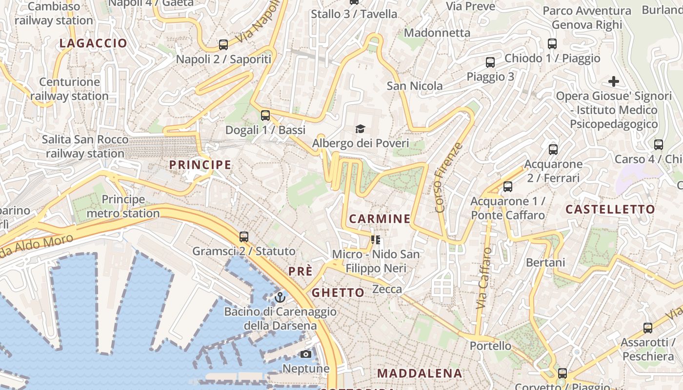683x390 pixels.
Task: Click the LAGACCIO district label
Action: [93, 43]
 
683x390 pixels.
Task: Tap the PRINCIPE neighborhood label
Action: [200, 165]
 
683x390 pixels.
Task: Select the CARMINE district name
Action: [380, 218]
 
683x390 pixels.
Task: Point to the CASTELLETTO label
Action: [610, 210]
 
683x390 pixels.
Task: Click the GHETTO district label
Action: [338, 292]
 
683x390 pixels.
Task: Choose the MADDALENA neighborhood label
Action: [419, 373]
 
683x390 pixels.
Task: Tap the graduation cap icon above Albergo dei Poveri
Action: [360, 129]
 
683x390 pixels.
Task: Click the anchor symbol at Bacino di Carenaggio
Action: [280, 297]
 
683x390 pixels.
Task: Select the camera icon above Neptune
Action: [306, 354]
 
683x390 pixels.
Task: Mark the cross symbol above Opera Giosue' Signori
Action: [614, 81]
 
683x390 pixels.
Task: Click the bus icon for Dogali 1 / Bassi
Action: [265, 116]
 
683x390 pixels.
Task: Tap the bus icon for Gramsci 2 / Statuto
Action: [243, 237]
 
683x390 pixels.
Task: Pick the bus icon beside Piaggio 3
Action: [490, 62]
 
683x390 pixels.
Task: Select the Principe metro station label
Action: [123, 206]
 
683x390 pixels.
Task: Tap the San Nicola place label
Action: [415, 86]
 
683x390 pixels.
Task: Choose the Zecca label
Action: [387, 290]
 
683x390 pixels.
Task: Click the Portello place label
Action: [490, 346]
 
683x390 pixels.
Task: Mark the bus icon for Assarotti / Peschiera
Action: [647, 328]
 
